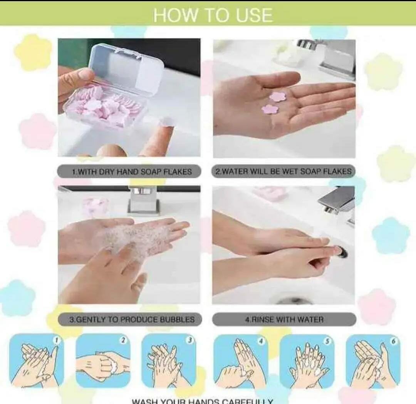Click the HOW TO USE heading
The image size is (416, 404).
coord(213,15)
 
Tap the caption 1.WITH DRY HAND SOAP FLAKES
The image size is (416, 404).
coord(129,171)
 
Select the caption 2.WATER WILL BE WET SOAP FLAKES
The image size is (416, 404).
coord(284,171)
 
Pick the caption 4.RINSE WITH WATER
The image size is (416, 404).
coord(284,319)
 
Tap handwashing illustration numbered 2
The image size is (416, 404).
coord(103,361)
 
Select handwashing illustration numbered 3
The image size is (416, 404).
coord(169,361)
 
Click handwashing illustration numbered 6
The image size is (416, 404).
coord(373,361)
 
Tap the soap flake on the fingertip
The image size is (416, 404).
coord(166,122)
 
